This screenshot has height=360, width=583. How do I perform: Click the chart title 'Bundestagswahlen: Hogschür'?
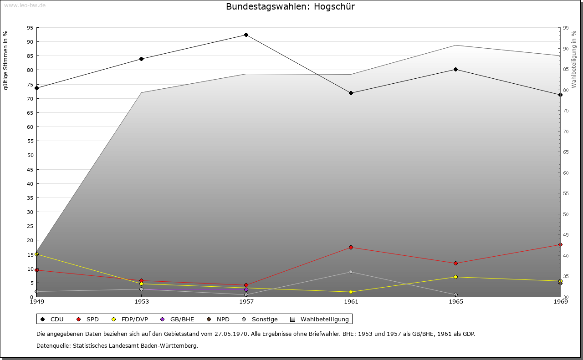click(x=290, y=7)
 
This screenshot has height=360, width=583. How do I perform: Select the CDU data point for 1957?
click(x=246, y=35)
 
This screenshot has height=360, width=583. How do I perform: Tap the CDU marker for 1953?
click(x=141, y=59)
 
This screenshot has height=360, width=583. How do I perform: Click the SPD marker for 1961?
click(x=351, y=248)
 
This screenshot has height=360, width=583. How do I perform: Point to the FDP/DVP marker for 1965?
click(x=455, y=277)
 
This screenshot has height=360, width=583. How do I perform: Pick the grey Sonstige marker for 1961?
click(x=351, y=272)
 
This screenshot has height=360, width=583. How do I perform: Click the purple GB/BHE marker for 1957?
click(x=246, y=289)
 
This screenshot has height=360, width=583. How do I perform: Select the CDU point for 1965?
click(x=455, y=70)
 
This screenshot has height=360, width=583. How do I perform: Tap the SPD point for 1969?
click(x=560, y=245)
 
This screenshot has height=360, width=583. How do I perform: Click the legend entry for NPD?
click(x=219, y=319)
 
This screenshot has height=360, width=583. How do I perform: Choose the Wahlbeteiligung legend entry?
click(x=320, y=319)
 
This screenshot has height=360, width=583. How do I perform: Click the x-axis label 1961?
click(x=351, y=302)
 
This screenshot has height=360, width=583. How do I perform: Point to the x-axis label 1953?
click(x=141, y=302)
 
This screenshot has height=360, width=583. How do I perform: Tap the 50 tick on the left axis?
click(x=30, y=155)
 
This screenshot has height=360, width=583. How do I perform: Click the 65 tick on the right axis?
click(x=566, y=152)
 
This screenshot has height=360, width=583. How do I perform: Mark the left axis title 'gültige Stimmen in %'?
click(x=5, y=60)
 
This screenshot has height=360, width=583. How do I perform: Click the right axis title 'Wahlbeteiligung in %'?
click(x=574, y=59)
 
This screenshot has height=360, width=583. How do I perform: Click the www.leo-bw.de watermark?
click(x=24, y=5)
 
